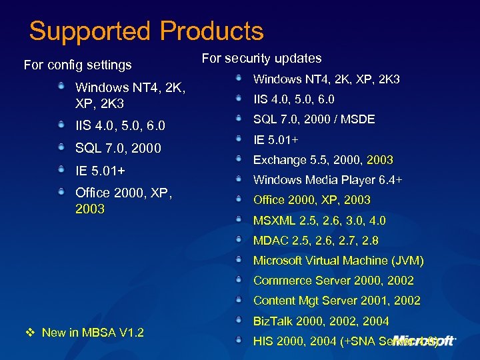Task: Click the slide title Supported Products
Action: (x=146, y=31)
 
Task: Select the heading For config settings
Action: (x=77, y=65)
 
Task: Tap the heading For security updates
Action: (x=261, y=59)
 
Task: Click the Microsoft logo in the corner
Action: (x=424, y=340)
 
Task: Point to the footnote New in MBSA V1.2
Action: (x=93, y=333)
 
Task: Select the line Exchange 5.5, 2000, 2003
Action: (x=323, y=160)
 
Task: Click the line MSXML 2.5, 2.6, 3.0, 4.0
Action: (x=319, y=221)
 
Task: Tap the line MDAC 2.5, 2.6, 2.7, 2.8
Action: (x=315, y=241)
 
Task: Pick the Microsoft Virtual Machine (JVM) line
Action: (x=338, y=261)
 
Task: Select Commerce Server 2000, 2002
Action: (x=333, y=281)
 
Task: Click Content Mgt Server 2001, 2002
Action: (x=337, y=301)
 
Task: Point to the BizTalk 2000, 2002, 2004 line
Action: (x=321, y=321)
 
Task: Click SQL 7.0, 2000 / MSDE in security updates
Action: (x=314, y=119)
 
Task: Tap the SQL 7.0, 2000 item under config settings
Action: (x=118, y=148)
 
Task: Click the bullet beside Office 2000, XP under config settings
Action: (x=61, y=191)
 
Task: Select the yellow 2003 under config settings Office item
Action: (x=90, y=209)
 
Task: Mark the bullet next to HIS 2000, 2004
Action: (x=239, y=341)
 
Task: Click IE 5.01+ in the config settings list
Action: (x=100, y=171)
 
